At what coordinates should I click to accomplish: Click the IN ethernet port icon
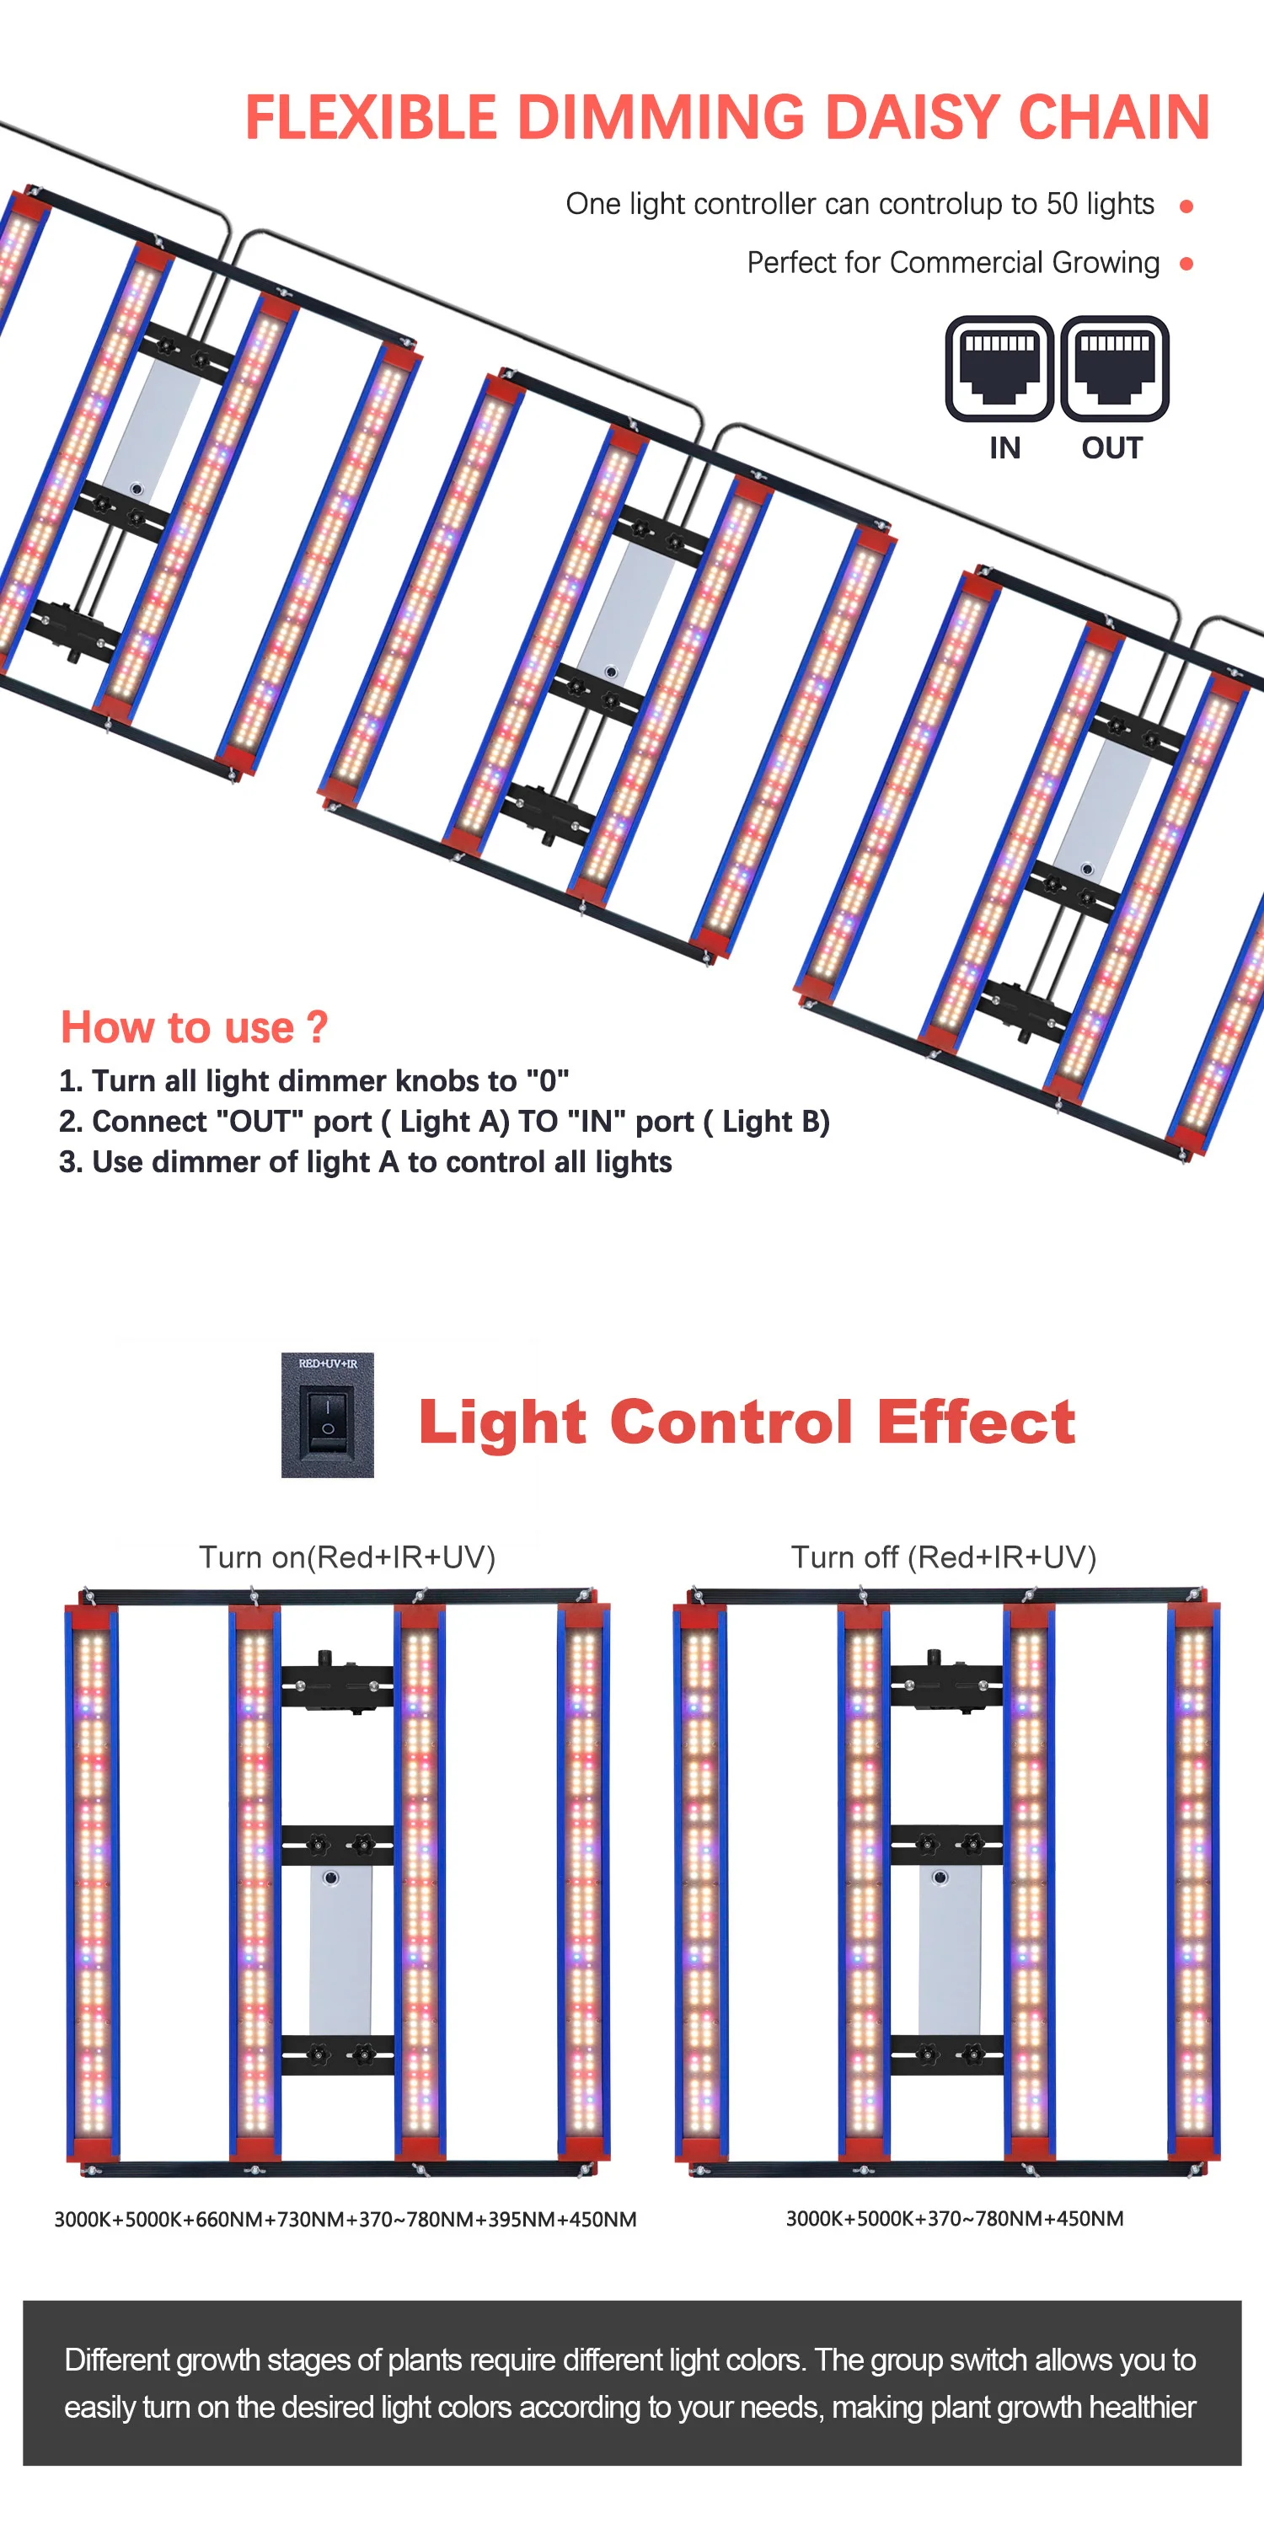(x=999, y=368)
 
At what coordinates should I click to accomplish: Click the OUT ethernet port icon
(x=1114, y=368)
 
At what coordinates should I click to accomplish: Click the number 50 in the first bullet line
(x=1062, y=204)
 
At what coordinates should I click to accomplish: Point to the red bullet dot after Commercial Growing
(x=1186, y=264)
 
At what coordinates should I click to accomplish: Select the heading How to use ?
(x=194, y=1027)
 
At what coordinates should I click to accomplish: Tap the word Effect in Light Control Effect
(x=976, y=1422)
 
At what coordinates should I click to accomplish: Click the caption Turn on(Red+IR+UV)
(x=347, y=1557)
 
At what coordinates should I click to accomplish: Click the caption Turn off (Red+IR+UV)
(x=943, y=1557)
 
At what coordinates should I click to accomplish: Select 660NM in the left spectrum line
(x=228, y=2219)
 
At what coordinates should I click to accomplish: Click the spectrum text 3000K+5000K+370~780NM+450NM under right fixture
(x=954, y=2218)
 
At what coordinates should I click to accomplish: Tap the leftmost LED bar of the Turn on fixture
(x=92, y=1877)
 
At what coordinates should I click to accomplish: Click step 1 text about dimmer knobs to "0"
(x=314, y=1081)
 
